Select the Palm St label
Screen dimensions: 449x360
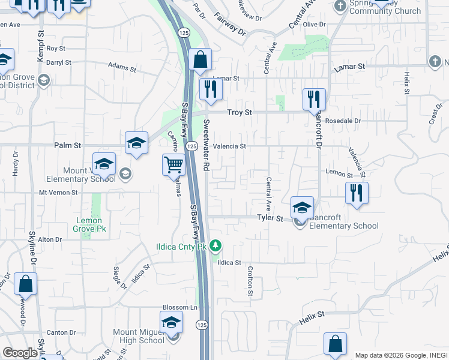[67, 145]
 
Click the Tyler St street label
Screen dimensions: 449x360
[270, 219]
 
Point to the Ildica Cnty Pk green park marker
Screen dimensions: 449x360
[216, 246]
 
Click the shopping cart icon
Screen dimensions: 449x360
[173, 164]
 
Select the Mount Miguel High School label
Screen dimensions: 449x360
[139, 336]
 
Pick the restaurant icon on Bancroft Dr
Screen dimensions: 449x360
[314, 99]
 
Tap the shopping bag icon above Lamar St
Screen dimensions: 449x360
[200, 59]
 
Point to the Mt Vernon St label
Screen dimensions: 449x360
[59, 193]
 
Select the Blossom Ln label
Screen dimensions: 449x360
[180, 307]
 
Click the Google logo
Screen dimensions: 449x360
[20, 353]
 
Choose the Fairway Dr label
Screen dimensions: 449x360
[229, 23]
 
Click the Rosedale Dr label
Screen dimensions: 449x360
[342, 121]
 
